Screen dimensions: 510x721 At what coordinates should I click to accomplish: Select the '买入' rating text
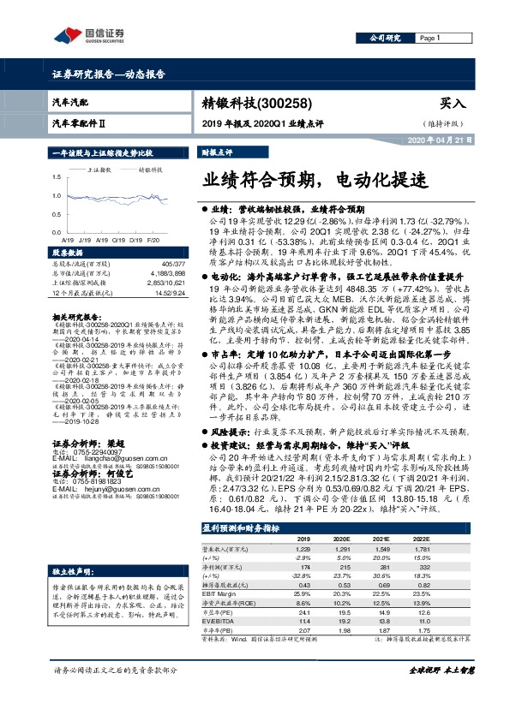(x=452, y=103)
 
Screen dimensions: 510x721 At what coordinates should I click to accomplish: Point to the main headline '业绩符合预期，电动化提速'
(x=314, y=182)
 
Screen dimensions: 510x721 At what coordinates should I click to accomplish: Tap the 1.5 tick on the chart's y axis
(x=57, y=176)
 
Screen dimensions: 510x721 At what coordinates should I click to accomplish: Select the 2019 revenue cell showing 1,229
(x=302, y=547)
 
